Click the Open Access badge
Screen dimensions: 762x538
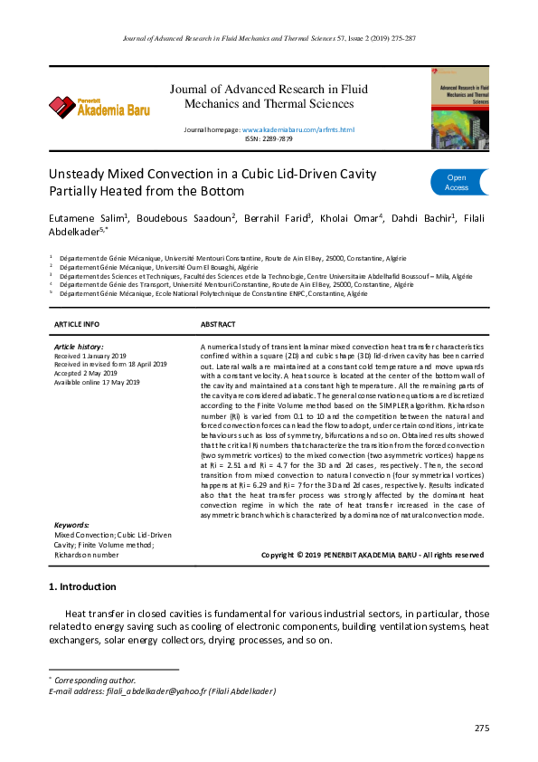point(458,183)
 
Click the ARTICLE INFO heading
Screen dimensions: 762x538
point(77,324)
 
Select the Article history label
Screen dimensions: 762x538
point(79,347)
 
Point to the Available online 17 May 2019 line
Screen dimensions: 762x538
point(97,382)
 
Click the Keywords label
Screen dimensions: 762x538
point(71,525)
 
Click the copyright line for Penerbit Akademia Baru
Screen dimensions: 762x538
point(372,555)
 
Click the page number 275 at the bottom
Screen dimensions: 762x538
point(481,729)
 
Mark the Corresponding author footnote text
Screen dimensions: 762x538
point(95,681)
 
